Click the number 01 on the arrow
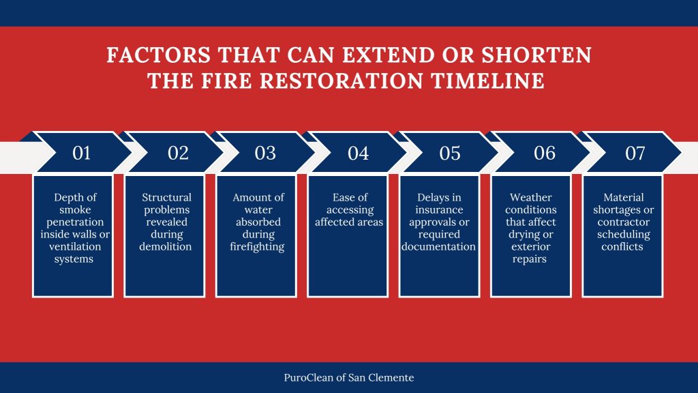point(81,154)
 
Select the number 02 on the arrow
point(177,154)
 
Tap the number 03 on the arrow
point(265,154)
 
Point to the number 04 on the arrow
point(358,154)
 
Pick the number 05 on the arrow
point(449,154)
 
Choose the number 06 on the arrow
point(545,154)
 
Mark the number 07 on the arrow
point(635,154)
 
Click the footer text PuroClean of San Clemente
point(348,377)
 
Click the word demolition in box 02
point(166,246)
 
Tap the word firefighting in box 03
point(258,246)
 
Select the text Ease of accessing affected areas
point(348,209)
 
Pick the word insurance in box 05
point(439,209)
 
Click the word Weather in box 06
point(530,197)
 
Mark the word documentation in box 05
point(439,246)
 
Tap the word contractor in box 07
point(622,222)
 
